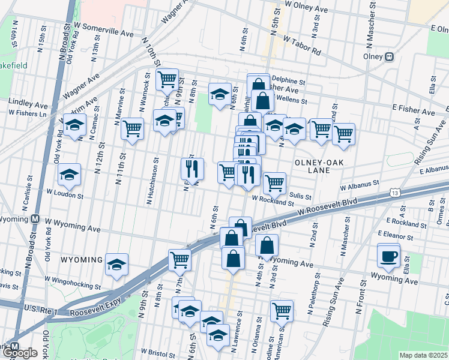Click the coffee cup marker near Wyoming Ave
[388, 256]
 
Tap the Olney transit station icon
[389, 57]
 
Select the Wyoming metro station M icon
[35, 220]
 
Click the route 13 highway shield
[394, 193]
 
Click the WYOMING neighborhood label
[81, 260]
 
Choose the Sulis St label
[300, 196]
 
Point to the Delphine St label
[288, 79]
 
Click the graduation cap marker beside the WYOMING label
[116, 264]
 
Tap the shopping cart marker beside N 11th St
[132, 128]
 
